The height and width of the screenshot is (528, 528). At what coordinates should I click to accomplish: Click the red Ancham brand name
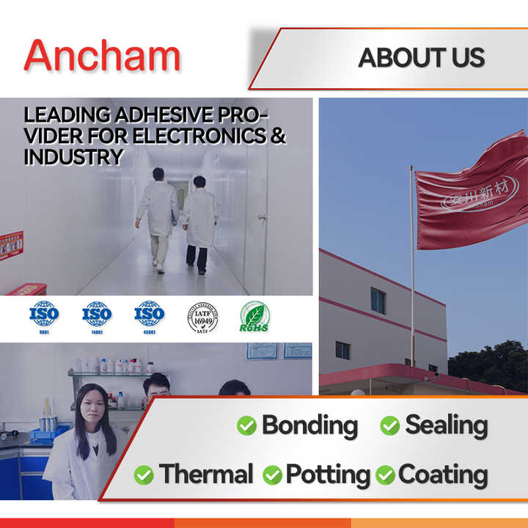click(x=102, y=55)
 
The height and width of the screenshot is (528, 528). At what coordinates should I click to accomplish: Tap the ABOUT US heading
click(x=421, y=58)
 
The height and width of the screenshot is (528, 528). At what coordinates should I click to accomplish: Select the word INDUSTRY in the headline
click(x=73, y=157)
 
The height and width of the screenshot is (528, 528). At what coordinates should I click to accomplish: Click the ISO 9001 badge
click(x=44, y=315)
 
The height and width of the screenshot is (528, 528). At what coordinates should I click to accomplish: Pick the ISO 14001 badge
click(x=97, y=315)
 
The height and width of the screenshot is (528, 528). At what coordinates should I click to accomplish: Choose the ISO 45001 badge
click(x=150, y=315)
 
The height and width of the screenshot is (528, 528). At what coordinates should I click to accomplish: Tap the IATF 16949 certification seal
click(x=202, y=317)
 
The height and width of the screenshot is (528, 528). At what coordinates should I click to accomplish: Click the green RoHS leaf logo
click(x=254, y=317)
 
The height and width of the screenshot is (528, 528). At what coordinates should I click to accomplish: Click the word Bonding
click(x=309, y=425)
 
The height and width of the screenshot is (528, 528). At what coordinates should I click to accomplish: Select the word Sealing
click(x=446, y=425)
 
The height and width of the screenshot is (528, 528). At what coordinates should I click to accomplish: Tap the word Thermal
click(x=206, y=474)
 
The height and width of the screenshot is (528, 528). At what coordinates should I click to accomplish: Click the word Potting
click(x=328, y=474)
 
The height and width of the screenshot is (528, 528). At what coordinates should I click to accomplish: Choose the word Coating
click(x=442, y=474)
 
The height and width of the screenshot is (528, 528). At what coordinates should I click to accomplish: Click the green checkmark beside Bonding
click(x=246, y=426)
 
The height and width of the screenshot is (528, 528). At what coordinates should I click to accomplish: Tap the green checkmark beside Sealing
click(x=389, y=426)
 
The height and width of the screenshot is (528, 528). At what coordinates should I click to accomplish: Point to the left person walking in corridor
click(x=158, y=216)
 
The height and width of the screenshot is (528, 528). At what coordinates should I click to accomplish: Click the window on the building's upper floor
click(x=378, y=300)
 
